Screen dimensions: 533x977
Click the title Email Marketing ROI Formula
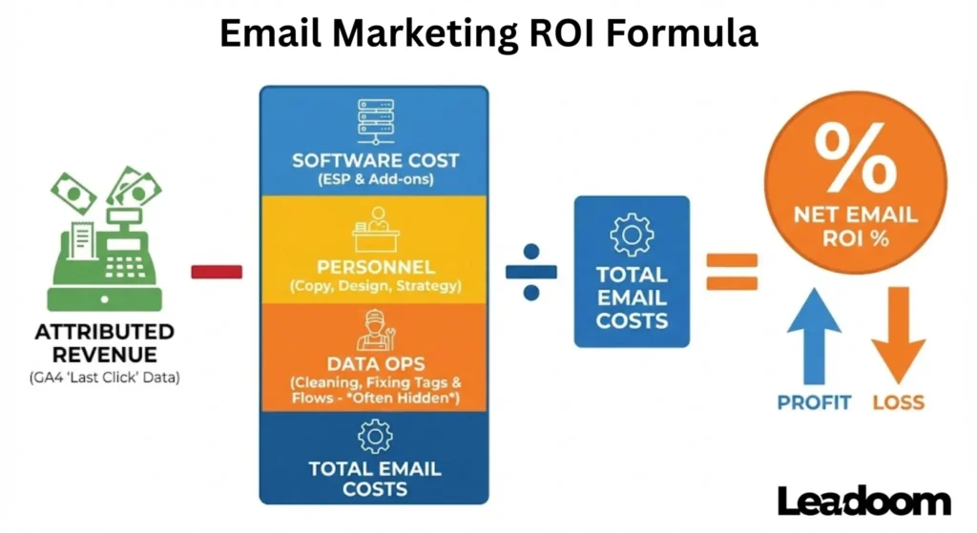[488, 34]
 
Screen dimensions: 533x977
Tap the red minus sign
[217, 272]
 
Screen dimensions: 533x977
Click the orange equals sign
[732, 271]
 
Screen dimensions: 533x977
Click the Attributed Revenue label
[105, 343]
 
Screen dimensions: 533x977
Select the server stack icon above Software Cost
[374, 121]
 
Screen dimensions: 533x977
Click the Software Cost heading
[374, 160]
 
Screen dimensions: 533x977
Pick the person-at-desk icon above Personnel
[374, 230]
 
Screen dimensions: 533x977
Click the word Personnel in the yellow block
[374, 266]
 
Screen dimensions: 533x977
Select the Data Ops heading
[374, 364]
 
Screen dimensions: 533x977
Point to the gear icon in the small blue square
[631, 235]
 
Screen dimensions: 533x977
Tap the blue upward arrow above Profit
[814, 338]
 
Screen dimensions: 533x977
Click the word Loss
[898, 401]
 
